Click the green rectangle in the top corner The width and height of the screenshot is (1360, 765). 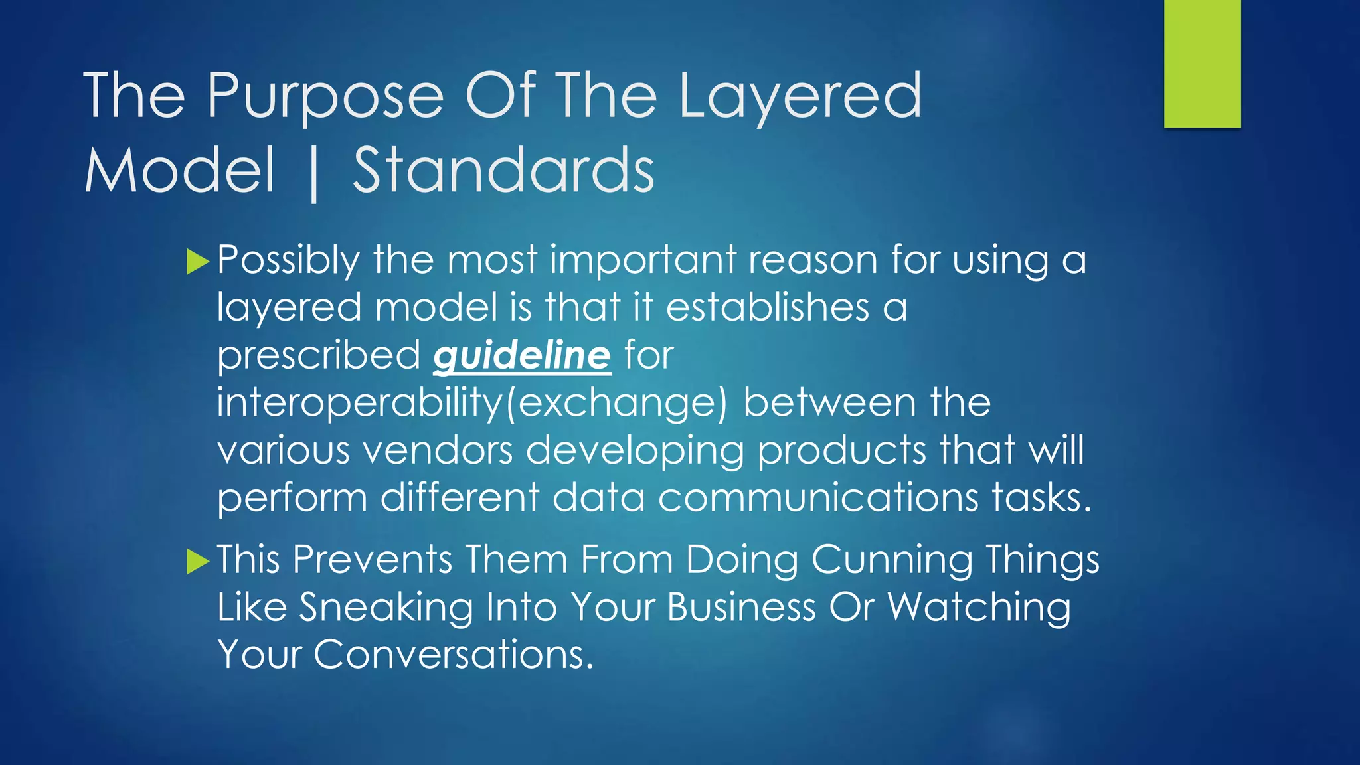1202,63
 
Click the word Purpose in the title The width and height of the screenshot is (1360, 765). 325,97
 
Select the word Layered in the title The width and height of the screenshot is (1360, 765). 800,97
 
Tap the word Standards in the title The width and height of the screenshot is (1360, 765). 503,171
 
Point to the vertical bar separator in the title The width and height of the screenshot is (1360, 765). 313,173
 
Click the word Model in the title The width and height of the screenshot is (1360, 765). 179,171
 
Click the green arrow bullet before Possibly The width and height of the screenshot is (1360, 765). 198,262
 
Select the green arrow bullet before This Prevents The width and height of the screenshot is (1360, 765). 198,561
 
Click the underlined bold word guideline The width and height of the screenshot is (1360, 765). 522,356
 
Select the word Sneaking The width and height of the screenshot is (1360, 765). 385,607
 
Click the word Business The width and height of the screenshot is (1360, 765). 741,607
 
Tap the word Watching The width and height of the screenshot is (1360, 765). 979,607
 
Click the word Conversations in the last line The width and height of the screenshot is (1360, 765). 453,655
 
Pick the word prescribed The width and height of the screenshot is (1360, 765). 319,356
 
